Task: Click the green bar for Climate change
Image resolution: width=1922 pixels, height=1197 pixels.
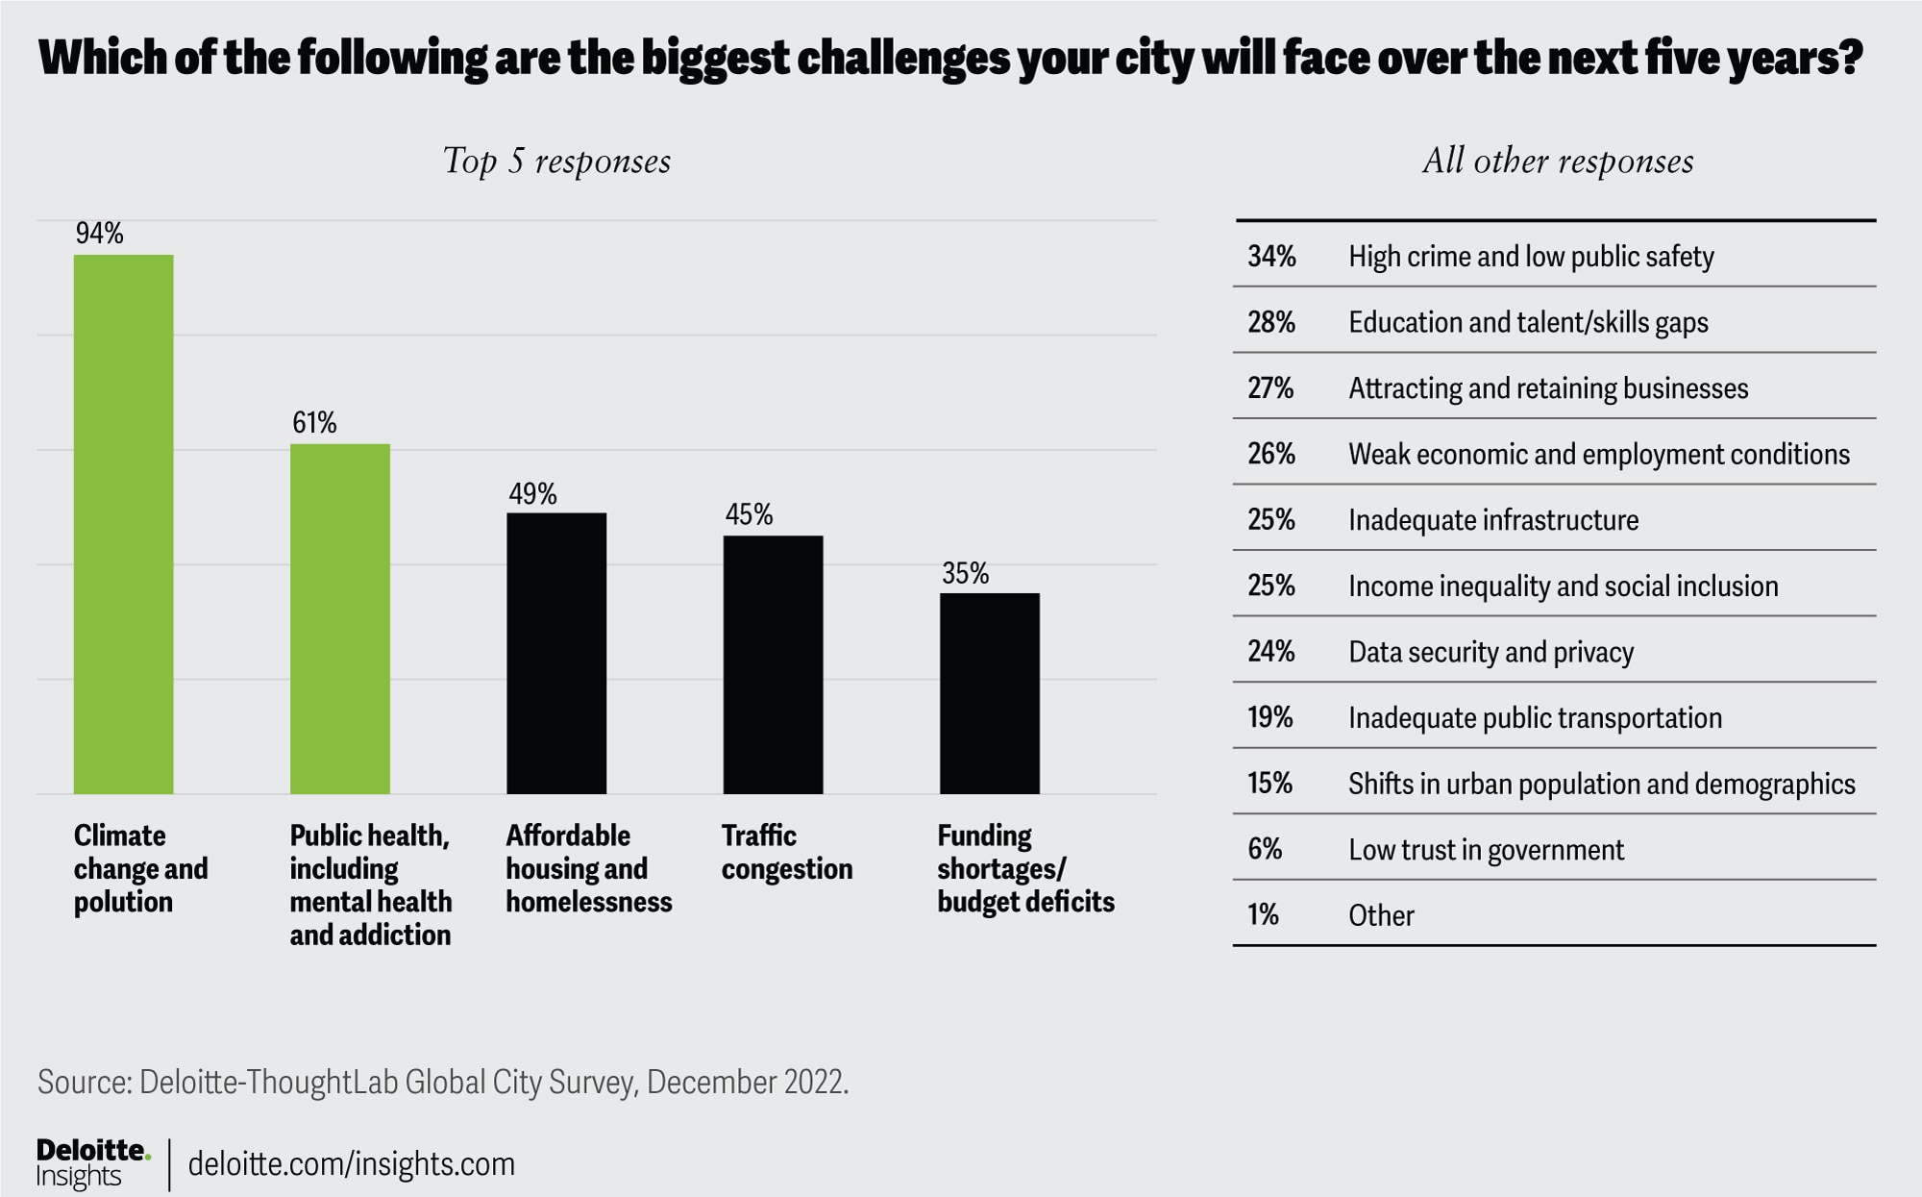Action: click(124, 524)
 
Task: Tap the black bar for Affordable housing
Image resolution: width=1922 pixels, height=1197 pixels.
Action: click(556, 653)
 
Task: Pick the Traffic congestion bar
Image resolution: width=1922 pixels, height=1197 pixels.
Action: click(773, 664)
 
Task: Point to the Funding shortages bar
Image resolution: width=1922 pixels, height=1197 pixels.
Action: click(989, 693)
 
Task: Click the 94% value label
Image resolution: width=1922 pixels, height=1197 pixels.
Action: click(100, 234)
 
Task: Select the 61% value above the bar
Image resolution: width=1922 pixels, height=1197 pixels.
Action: click(314, 423)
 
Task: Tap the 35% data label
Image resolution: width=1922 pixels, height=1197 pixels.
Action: click(965, 574)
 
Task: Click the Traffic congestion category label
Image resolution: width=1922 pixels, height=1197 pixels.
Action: click(786, 852)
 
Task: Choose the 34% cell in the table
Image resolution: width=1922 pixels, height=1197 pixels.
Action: click(1271, 257)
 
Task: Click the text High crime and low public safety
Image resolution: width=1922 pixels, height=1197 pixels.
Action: click(1530, 257)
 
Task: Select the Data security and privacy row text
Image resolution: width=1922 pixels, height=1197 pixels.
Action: click(1491, 652)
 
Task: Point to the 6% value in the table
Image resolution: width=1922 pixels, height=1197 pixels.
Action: click(1265, 849)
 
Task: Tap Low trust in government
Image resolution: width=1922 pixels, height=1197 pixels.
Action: click(1486, 850)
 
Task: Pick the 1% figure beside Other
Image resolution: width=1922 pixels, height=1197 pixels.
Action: click(1263, 915)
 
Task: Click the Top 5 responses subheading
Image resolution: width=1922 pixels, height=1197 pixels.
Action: click(556, 162)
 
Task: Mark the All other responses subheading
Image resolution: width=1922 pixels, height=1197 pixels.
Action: click(1558, 162)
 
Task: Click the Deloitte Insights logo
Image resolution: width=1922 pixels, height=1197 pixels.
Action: click(92, 1163)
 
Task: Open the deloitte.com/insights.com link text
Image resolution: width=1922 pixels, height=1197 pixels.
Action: click(352, 1164)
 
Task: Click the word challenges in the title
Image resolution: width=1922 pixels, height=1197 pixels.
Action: click(903, 58)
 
